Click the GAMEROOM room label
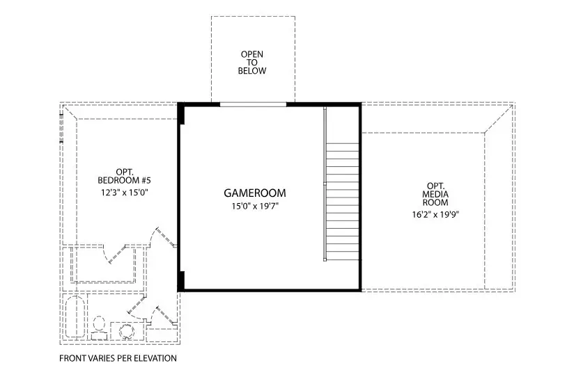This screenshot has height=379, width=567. click(255, 193)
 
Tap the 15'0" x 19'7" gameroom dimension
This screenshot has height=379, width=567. click(255, 207)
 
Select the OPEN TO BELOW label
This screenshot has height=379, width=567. click(252, 63)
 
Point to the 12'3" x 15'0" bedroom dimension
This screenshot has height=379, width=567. click(125, 193)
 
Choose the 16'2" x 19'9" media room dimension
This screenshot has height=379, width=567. click(435, 215)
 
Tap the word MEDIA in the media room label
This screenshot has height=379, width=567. click(435, 195)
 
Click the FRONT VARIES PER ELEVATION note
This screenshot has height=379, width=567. click(118, 358)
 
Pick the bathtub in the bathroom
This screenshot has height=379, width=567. click(75, 316)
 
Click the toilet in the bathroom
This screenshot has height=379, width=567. click(99, 328)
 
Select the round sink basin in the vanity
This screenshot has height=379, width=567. click(127, 331)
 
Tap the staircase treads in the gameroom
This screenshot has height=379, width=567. click(343, 201)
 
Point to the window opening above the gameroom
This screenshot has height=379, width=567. click(253, 105)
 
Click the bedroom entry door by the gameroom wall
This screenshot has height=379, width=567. click(165, 236)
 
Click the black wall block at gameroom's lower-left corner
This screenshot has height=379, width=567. click(181, 280)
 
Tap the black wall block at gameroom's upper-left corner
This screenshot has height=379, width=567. click(181, 114)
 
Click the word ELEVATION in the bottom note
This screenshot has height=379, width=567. click(155, 358)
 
